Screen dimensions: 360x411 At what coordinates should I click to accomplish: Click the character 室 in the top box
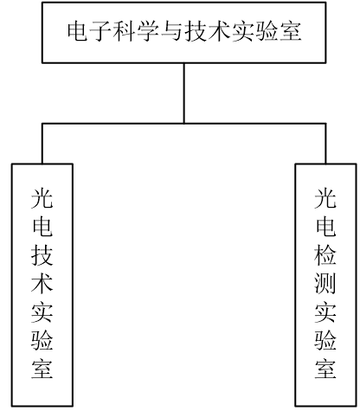[291, 31]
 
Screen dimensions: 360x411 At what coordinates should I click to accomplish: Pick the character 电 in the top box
[78, 31]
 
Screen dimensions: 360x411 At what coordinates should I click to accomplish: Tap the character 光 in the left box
[42, 198]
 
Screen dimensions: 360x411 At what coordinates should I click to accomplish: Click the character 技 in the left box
[42, 255]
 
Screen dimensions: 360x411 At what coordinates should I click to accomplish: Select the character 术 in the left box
[42, 284]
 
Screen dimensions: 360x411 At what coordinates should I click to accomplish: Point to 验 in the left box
[42, 340]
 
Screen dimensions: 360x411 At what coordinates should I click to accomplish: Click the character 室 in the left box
[42, 369]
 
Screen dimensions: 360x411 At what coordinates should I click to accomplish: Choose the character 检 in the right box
[325, 255]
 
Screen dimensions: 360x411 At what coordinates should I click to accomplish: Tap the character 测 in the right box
[325, 284]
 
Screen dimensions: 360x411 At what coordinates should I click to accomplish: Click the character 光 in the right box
[325, 198]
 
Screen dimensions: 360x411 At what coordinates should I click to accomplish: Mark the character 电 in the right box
[325, 227]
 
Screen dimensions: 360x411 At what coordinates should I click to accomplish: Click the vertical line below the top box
[184, 93]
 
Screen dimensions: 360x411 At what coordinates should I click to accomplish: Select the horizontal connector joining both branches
[184, 124]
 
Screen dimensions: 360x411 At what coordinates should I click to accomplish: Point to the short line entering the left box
[42, 144]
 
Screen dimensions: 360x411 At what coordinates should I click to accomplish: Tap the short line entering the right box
[325, 144]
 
